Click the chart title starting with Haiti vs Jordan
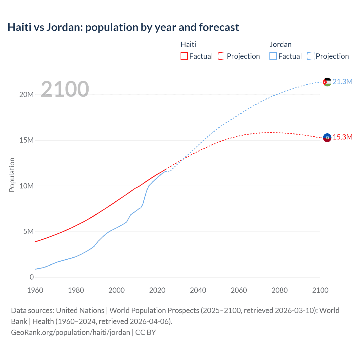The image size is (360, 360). [x=123, y=27]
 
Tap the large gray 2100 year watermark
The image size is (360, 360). [x=65, y=89]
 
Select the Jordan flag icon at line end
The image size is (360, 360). [x=327, y=82]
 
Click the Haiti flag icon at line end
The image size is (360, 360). [x=327, y=138]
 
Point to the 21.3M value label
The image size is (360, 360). [x=342, y=82]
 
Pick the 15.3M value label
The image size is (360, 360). [x=342, y=137]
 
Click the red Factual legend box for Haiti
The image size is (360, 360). [x=184, y=56]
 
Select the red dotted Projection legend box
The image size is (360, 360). [x=222, y=56]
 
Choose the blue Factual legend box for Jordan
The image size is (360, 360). [x=273, y=56]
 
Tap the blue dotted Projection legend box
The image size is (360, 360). [x=311, y=56]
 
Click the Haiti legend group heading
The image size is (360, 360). [x=188, y=44]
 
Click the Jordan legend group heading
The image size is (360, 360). [x=280, y=44]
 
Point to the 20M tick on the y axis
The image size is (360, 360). [x=26, y=95]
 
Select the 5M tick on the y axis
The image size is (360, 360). [x=28, y=232]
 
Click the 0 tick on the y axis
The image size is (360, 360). [x=31, y=277]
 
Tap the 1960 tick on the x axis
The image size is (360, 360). [x=35, y=290]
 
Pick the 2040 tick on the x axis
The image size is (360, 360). [x=198, y=290]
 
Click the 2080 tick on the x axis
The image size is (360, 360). [x=280, y=290]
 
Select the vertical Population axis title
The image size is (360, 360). [x=12, y=175]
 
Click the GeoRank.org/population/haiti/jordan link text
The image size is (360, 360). [x=71, y=332]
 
